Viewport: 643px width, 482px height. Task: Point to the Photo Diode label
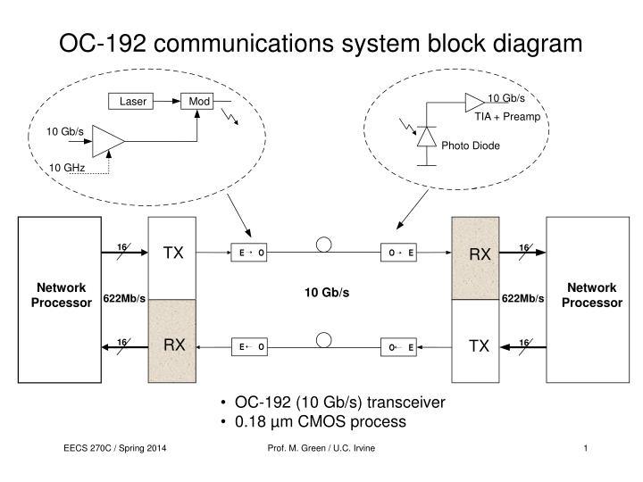point(471,145)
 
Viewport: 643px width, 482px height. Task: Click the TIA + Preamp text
point(506,117)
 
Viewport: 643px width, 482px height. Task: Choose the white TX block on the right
point(480,345)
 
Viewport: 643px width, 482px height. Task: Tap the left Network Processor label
point(62,295)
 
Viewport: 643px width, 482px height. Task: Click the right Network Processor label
point(592,295)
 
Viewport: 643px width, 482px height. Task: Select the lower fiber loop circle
point(324,339)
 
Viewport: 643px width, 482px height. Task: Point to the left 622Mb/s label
point(124,298)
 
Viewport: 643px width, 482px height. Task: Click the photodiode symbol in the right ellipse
point(426,136)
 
